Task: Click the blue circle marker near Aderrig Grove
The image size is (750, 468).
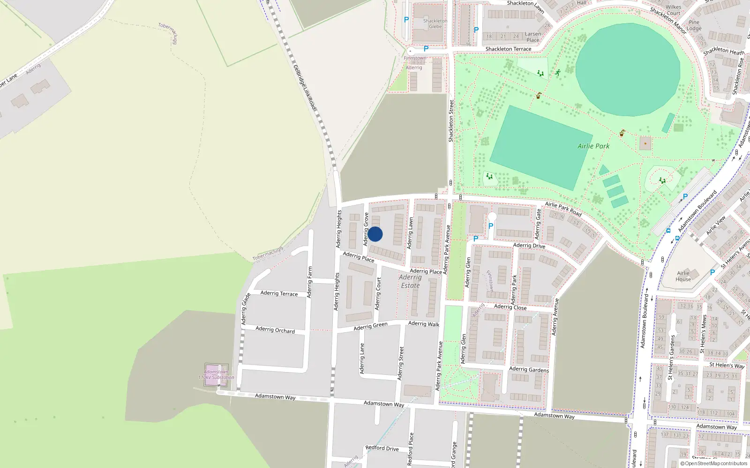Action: tap(375, 234)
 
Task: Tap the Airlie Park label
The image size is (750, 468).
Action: tap(593, 146)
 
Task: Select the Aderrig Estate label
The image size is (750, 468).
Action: tap(410, 281)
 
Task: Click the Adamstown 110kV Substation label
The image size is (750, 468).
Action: tap(216, 374)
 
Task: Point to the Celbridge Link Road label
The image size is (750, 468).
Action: tap(305, 88)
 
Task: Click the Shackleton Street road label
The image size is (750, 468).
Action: tap(451, 121)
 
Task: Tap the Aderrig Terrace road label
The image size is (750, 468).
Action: tap(279, 293)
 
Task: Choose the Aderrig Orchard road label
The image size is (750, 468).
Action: tap(275, 330)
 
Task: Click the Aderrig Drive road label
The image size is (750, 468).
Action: tap(529, 245)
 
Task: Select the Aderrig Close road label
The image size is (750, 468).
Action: tap(510, 307)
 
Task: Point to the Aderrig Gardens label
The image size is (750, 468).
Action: tap(529, 369)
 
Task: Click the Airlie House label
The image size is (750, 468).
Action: tap(683, 276)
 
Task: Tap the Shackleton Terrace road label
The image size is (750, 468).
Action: tap(509, 49)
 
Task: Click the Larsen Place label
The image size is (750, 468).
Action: tap(533, 37)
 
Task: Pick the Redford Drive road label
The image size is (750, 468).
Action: tap(382, 448)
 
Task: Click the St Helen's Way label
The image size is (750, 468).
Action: tap(727, 365)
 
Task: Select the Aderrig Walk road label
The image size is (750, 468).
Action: tap(424, 323)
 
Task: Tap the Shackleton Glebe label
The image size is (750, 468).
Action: tap(435, 23)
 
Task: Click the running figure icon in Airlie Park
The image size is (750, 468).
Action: tap(558, 73)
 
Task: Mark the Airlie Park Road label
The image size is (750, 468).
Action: tap(563, 209)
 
